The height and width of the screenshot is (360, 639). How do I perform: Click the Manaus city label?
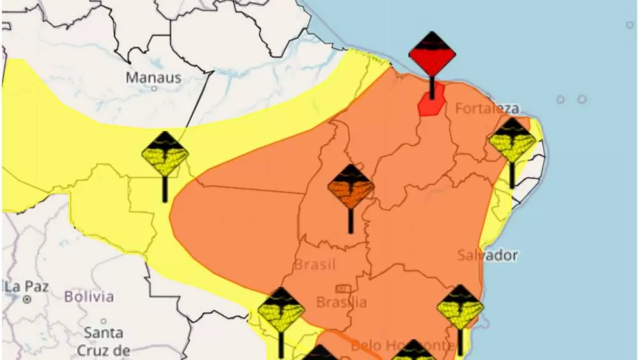153,78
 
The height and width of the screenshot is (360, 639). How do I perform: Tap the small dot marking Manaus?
153,89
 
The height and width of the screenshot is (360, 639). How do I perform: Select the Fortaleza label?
487,109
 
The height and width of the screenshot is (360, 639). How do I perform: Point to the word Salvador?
488,255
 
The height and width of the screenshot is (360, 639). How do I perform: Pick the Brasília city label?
342,302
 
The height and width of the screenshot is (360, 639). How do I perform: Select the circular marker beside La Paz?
27,299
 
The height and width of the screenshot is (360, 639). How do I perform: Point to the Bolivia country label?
89,297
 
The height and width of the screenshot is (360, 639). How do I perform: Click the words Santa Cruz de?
104,341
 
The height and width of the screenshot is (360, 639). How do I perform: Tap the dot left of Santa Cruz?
104,321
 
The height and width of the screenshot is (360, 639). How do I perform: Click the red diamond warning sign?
432,54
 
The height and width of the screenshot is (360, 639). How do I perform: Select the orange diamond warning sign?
351,187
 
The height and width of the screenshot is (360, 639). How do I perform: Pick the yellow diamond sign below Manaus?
165,154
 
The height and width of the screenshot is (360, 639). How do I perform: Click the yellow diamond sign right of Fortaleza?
512,141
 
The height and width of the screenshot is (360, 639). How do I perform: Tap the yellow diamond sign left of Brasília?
281,310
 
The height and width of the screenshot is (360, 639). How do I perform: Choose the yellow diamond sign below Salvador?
460,308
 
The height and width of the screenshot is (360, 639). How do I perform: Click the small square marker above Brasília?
343,289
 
